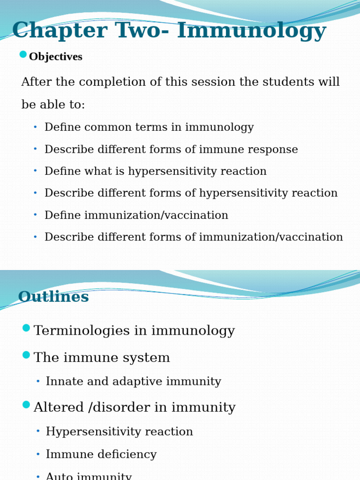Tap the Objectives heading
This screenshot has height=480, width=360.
tap(55, 57)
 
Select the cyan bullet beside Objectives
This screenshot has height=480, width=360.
tap(23, 54)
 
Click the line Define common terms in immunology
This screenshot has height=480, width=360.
tap(149, 127)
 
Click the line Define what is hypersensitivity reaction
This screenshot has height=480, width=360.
tap(155, 172)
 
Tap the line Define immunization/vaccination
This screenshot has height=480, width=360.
tap(136, 216)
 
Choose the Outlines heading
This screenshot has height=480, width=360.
tap(53, 297)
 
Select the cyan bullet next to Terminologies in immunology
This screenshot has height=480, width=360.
tap(26, 328)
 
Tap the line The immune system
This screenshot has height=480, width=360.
tap(102, 358)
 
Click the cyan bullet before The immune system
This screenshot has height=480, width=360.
tap(26, 355)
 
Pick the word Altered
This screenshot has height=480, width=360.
tap(59, 407)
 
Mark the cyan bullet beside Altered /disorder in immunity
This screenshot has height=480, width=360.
tap(26, 405)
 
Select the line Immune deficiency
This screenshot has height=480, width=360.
tap(101, 455)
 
